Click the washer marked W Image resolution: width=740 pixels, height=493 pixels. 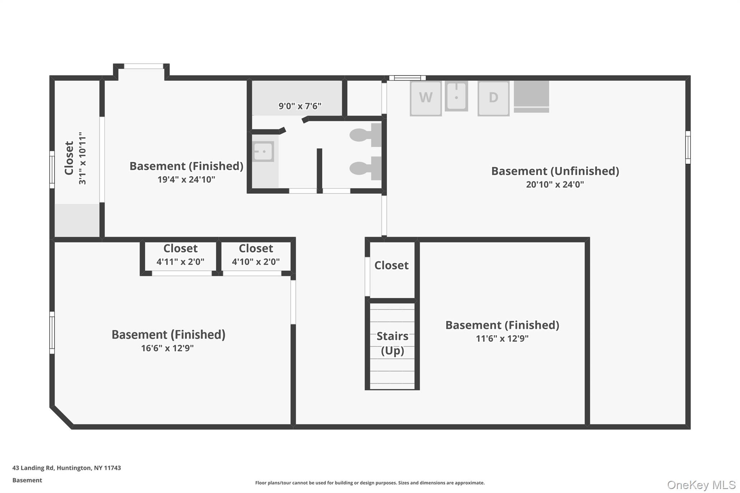point(425,98)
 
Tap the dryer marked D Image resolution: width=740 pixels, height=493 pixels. point(493,98)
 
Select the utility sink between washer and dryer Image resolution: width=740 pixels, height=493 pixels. point(456,96)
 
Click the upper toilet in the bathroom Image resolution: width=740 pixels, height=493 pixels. point(365,135)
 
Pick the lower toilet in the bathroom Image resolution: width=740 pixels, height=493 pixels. point(365,168)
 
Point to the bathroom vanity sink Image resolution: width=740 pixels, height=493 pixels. point(263,151)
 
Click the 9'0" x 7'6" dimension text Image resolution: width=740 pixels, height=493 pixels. point(300,106)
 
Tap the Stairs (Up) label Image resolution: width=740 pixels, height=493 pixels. point(392,343)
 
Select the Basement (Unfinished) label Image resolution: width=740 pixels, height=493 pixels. point(555,171)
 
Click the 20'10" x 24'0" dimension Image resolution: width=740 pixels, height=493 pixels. point(555,185)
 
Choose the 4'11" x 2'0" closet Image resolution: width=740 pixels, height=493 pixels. point(180,255)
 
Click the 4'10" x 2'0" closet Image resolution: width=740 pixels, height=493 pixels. point(256,255)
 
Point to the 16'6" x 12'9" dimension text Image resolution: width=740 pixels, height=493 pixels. point(167,348)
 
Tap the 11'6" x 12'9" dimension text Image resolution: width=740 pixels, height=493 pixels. point(502,339)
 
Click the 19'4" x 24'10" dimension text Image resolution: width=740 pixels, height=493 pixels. point(186,180)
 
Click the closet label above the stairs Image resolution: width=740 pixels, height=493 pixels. point(391,265)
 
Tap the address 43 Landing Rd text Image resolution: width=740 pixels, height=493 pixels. point(66,468)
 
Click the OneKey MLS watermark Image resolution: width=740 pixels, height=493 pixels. point(701,485)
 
